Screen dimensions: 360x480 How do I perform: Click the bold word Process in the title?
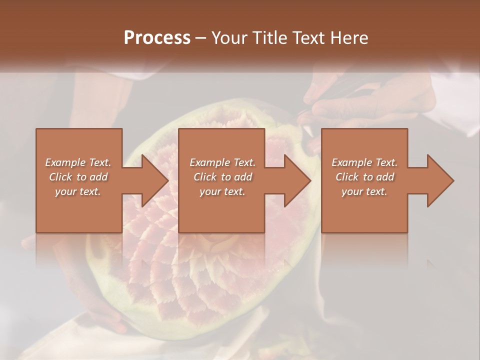point(157,37)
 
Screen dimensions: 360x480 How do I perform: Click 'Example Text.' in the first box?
point(78,162)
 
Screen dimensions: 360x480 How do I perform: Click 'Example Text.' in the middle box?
point(222,162)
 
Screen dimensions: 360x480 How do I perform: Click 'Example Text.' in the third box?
point(364,162)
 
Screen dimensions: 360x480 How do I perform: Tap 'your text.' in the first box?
point(78,191)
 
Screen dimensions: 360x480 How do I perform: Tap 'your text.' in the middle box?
point(222,191)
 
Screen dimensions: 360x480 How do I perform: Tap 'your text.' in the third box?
point(364,191)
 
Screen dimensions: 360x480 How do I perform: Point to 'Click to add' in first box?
point(78,176)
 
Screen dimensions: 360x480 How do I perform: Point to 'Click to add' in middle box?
point(222,176)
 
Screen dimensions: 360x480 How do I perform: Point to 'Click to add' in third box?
point(364,176)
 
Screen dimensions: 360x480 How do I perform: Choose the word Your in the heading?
point(228,37)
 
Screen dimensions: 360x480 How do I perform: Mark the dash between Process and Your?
point(201,38)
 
